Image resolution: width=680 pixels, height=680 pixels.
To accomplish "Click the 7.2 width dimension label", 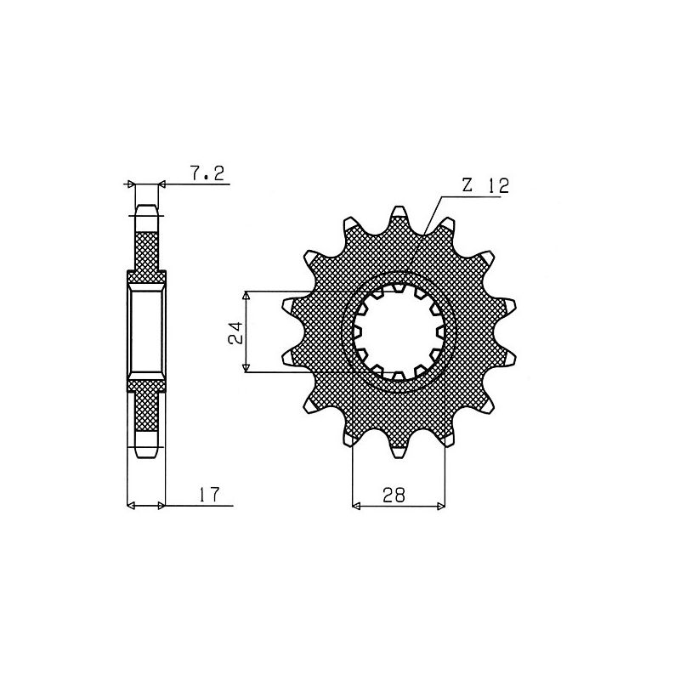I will point(207,174).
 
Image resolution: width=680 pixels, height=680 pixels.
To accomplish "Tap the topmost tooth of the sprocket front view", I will point(396,212).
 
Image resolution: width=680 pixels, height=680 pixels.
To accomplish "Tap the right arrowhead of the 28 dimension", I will point(440,507).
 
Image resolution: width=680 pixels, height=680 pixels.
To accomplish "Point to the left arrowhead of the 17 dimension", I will point(131,507).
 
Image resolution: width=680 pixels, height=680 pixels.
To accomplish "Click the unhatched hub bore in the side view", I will point(145,331).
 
